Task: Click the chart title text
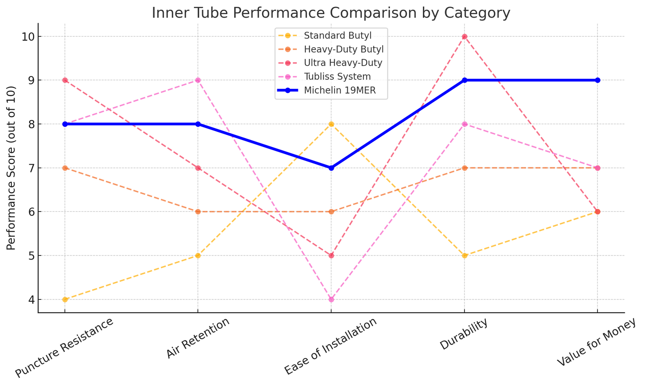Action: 331,13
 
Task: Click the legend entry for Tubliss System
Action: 337,77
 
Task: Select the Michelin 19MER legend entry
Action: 340,90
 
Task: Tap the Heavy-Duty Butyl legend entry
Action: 343,49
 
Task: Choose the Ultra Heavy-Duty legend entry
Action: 343,63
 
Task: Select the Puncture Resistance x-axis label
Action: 64,348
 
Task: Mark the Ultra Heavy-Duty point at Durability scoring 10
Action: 464,37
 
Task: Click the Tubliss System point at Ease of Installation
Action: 331,299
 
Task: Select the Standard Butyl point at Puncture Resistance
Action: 65,299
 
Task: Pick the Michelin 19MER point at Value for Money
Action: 597,80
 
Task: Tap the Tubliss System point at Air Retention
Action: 198,80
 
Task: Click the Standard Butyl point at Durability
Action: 464,255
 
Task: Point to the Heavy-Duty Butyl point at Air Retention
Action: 198,212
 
